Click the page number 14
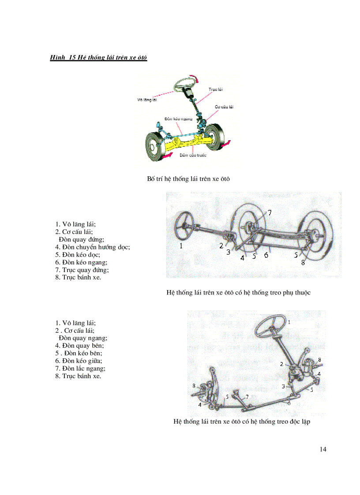(323, 449)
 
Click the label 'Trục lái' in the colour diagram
(215, 89)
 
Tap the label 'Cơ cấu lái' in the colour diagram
(224, 107)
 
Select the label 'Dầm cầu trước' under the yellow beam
(193, 155)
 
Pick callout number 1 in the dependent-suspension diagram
(181, 246)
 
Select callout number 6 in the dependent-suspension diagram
(266, 255)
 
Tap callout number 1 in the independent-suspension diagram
(289, 322)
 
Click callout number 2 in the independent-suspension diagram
(281, 364)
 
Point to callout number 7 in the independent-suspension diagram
(247, 396)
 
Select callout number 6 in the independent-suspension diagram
(289, 403)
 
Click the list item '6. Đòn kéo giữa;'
(82, 361)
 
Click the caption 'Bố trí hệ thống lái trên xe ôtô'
(188, 179)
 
